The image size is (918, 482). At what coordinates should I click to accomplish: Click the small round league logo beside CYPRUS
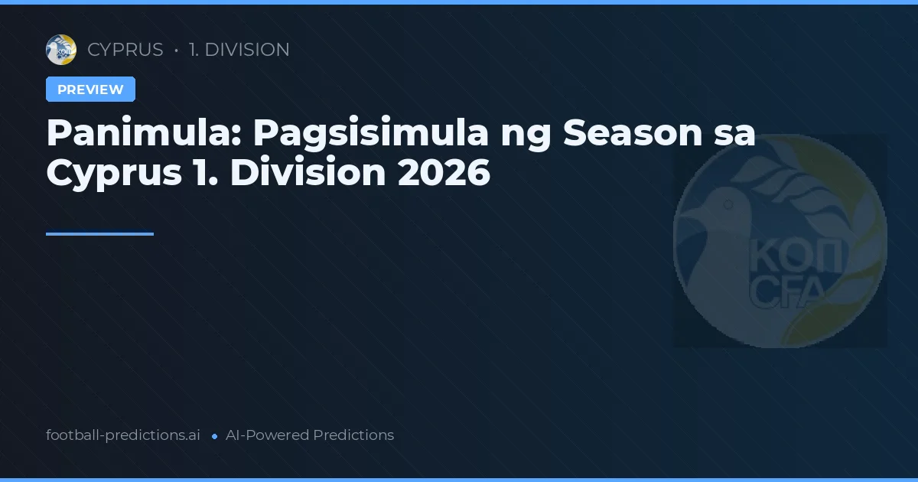pyautogui.click(x=61, y=50)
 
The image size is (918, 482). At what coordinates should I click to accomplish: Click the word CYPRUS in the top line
pyautogui.click(x=125, y=50)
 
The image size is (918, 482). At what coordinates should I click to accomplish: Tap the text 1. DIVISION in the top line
pyautogui.click(x=239, y=50)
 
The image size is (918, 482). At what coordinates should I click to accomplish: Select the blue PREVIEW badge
pyautogui.click(x=90, y=90)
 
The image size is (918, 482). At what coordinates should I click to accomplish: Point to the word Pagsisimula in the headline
pyautogui.click(x=371, y=133)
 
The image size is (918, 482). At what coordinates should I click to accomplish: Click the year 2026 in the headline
pyautogui.click(x=444, y=173)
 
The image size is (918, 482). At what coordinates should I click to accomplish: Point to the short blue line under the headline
pyautogui.click(x=99, y=234)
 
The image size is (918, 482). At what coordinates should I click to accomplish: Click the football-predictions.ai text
pyautogui.click(x=123, y=435)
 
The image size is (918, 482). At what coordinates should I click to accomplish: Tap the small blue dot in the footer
pyautogui.click(x=214, y=436)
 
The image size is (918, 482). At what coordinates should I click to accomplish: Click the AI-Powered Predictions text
pyautogui.click(x=310, y=435)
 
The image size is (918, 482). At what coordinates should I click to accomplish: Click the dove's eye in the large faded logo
pyautogui.click(x=728, y=204)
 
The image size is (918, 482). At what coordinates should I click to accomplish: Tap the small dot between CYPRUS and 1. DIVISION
pyautogui.click(x=177, y=50)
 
